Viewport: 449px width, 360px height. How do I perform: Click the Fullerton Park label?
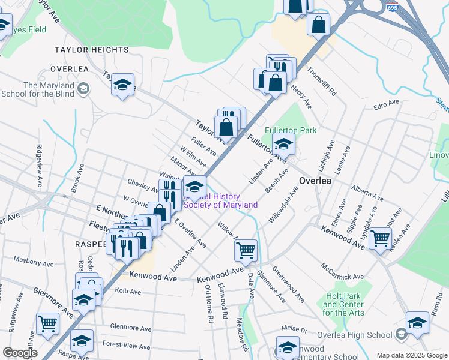pos(291,130)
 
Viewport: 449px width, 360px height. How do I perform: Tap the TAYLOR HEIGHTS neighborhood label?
pos(92,50)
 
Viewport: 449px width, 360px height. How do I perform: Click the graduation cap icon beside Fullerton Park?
pos(283,143)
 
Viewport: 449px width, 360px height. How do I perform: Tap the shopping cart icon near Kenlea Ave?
pos(380,238)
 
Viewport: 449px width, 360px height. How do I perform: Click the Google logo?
pos(19,353)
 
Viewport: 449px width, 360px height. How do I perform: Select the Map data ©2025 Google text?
pos(412,355)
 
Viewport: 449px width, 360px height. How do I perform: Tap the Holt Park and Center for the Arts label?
pos(343,304)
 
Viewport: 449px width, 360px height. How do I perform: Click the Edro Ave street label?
pos(386,104)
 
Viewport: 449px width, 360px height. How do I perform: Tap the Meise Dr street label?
pos(294,329)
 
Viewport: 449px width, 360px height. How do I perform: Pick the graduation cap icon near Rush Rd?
pos(417,322)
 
